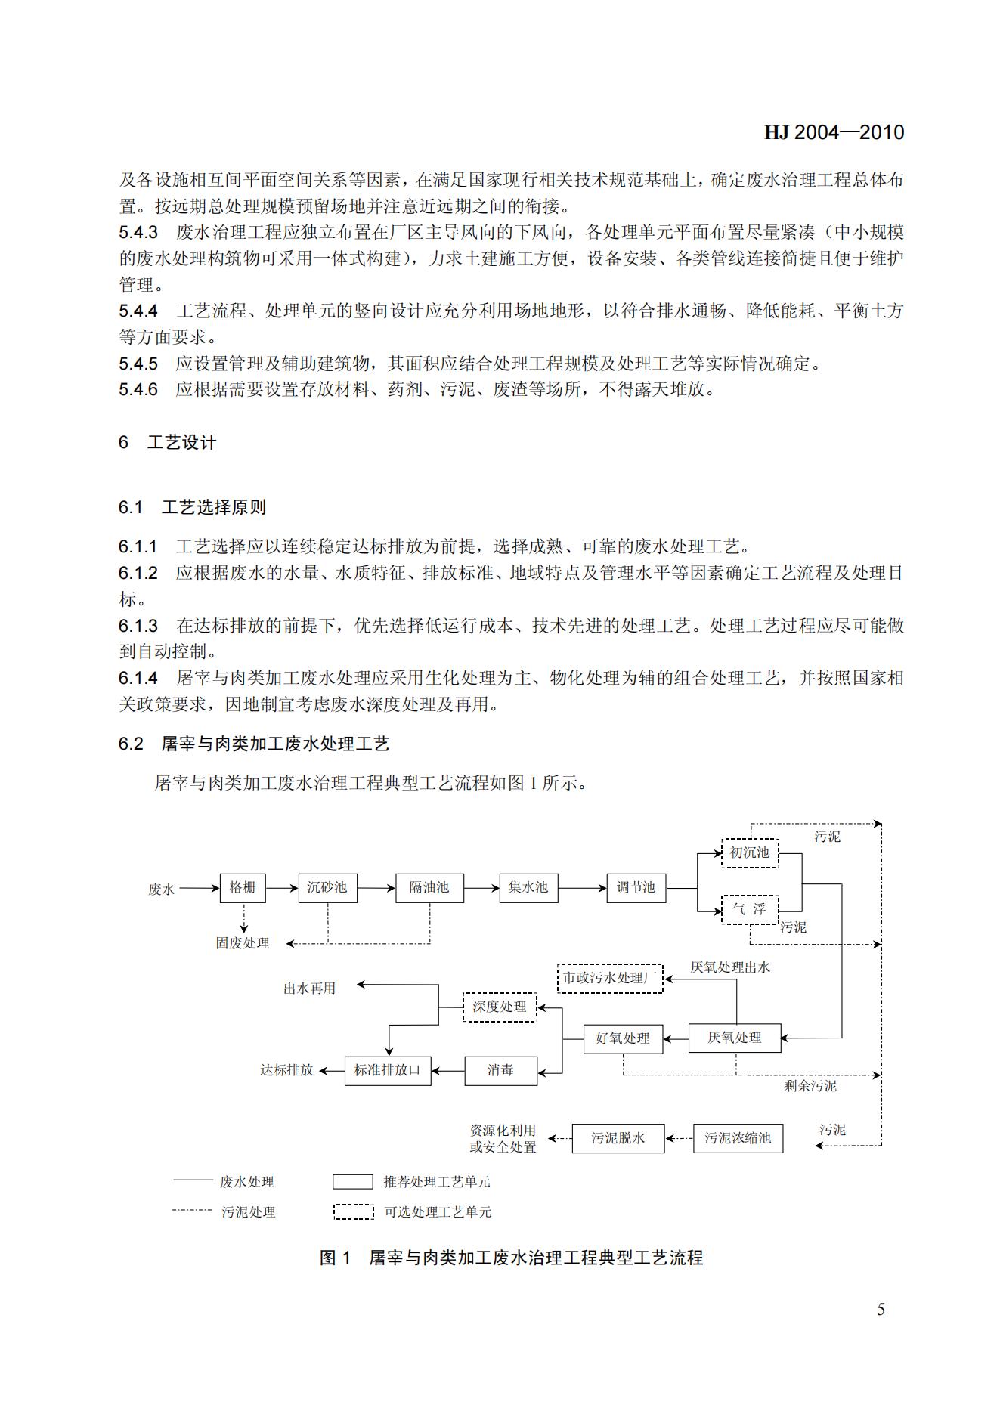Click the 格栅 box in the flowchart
[x=243, y=887]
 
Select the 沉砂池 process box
[x=327, y=887]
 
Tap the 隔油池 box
[x=429, y=887]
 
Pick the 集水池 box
[x=528, y=887]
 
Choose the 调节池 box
[x=636, y=887]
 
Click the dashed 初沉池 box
[x=749, y=852]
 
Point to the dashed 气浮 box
[x=749, y=909]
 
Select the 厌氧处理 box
[x=734, y=1038]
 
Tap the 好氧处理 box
[x=623, y=1038]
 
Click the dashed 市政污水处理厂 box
[x=610, y=978]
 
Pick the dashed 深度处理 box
[x=500, y=1007]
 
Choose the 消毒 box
[x=500, y=1070]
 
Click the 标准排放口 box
[x=388, y=1070]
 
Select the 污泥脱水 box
[x=618, y=1138]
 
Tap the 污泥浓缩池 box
[x=738, y=1138]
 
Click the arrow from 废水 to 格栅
[x=198, y=889]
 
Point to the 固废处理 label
[x=243, y=943]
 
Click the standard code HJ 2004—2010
[x=834, y=133]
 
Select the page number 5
[x=881, y=1310]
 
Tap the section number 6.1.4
[x=138, y=679]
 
